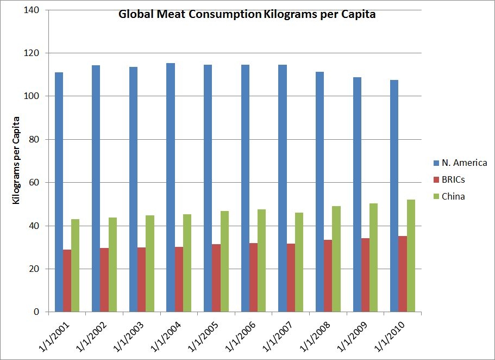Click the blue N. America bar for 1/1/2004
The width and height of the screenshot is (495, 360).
[171, 188]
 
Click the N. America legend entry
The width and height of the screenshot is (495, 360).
[459, 163]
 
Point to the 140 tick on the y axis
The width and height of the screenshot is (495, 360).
[35, 10]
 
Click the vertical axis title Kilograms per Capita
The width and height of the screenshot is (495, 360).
[16, 160]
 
